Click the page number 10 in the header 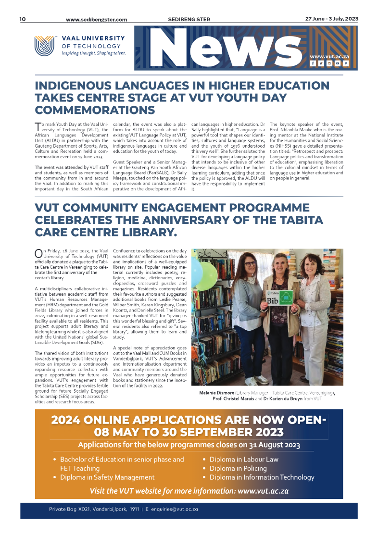coord(23,19)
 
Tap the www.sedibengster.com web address coord(96,20)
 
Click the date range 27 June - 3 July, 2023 coord(331,19)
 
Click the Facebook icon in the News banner coord(313,63)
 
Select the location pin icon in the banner coord(345,63)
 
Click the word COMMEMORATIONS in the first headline coord(95,110)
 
